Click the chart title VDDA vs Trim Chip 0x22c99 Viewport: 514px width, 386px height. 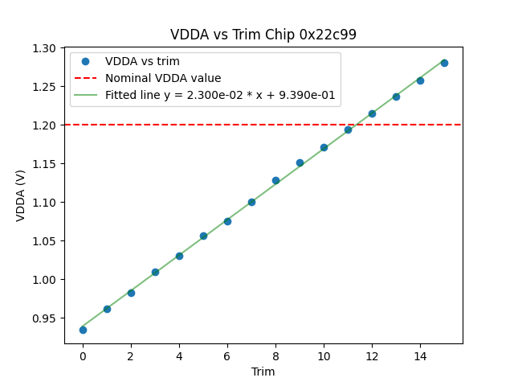[x=263, y=35]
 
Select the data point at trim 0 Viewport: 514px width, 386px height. [x=83, y=330]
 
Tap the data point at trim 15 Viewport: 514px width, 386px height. [x=444, y=63]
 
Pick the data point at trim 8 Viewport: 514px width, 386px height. [x=275, y=180]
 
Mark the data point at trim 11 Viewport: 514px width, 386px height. [x=348, y=129]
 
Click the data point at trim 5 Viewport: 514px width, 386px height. [x=203, y=236]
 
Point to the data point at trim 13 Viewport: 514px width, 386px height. [x=396, y=96]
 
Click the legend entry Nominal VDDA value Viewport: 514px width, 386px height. [x=163, y=79]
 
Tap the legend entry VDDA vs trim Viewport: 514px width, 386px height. [x=142, y=62]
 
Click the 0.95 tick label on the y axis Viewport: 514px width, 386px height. [x=45, y=318]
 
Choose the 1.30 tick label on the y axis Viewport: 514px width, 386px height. [x=45, y=48]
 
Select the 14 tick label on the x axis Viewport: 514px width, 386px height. [x=420, y=356]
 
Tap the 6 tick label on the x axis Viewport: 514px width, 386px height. [x=227, y=356]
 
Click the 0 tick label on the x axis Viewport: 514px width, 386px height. [x=83, y=356]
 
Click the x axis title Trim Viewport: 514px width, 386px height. [x=263, y=372]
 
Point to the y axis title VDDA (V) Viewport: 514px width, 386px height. [x=21, y=195]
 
